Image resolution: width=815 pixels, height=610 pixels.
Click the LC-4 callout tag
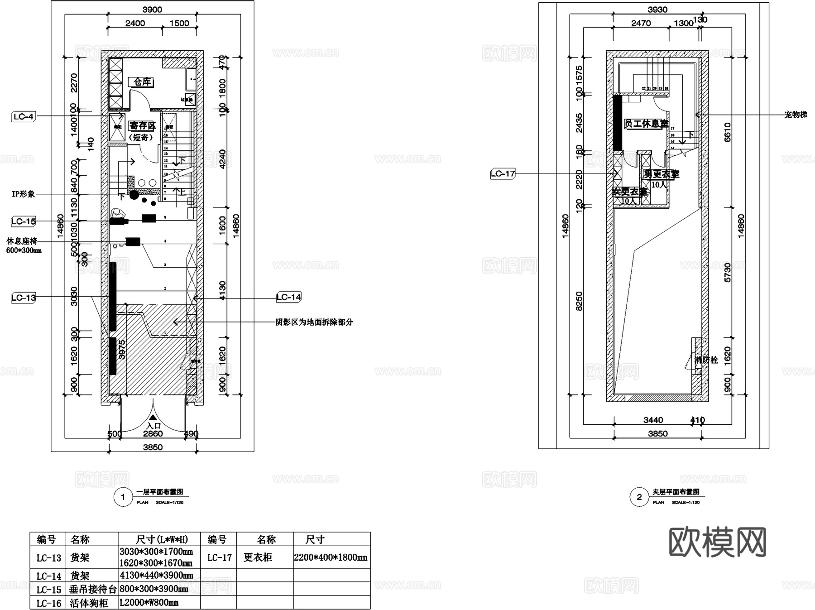point(24,117)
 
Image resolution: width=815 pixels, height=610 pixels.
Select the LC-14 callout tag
point(288,297)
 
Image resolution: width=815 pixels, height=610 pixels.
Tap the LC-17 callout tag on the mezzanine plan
point(503,173)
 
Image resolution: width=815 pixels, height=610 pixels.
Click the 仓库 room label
point(142,82)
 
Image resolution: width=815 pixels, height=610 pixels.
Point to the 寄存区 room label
point(142,126)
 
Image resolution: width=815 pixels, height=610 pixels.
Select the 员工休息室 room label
point(646,124)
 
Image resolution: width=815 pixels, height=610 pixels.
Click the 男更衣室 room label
point(662,174)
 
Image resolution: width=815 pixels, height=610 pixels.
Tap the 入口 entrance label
point(153,426)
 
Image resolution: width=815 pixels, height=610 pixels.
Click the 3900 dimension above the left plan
point(152,10)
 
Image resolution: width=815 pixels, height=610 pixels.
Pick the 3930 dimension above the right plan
point(657,10)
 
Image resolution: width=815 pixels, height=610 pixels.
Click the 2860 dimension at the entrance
point(153,434)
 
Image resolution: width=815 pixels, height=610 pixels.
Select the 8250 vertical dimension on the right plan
point(579,301)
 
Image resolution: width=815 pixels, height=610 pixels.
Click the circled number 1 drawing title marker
point(123,497)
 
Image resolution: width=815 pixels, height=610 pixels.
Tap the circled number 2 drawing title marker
point(639,497)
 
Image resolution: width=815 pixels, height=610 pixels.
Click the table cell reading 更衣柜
point(258,557)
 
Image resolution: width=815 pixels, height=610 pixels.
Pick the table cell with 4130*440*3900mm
point(156,576)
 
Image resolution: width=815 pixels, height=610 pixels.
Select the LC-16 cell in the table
point(48,603)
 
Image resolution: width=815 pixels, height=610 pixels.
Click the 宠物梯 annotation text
point(796,115)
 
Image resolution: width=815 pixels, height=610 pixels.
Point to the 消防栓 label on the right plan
point(706,360)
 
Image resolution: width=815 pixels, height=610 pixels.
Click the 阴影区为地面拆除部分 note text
point(314,322)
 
